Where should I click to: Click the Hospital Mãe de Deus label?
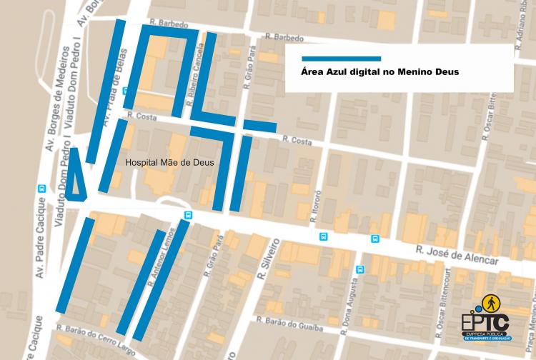tap(169, 162)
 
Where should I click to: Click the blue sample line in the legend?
tap(341, 59)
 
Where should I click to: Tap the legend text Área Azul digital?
tap(379, 72)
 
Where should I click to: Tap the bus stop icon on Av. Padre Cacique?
tap(41, 189)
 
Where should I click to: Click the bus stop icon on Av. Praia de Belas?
tap(126, 91)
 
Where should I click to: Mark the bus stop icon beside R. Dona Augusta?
tap(360, 269)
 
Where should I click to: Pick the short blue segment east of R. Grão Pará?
tap(259, 126)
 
